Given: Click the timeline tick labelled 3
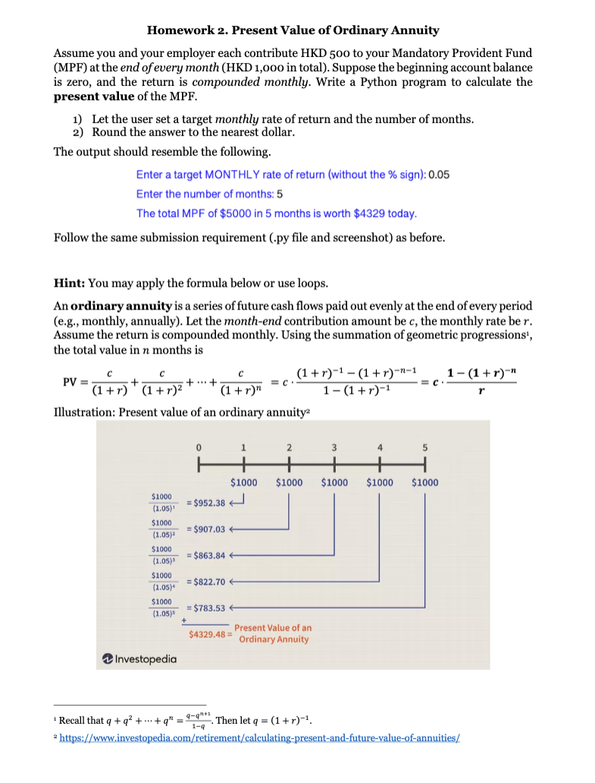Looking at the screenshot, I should tap(334, 447).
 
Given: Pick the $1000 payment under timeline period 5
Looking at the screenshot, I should tap(424, 482).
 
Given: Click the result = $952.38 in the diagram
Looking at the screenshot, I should tap(205, 502).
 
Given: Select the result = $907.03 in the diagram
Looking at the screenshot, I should tap(205, 529).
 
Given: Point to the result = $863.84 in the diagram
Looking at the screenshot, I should tap(205, 555).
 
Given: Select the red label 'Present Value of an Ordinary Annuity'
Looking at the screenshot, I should tap(272, 634).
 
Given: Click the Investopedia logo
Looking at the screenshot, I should tap(141, 659).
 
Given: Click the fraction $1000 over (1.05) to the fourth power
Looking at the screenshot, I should tap(162, 582).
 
